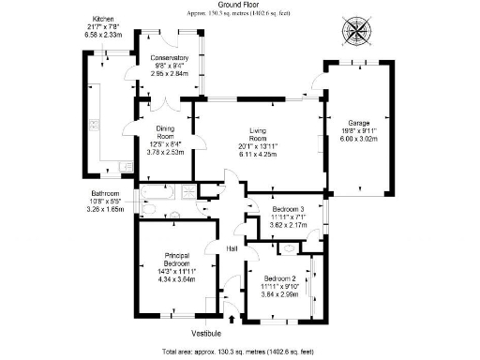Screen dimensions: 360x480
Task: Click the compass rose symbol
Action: [x=359, y=25]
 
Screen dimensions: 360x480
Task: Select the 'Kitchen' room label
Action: [x=103, y=19]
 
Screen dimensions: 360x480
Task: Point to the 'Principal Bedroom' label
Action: [x=177, y=260]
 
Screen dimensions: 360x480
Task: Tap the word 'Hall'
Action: [x=232, y=248]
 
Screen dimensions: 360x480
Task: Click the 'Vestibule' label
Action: [x=205, y=332]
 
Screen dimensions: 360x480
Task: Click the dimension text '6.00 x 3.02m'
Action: [x=356, y=139]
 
